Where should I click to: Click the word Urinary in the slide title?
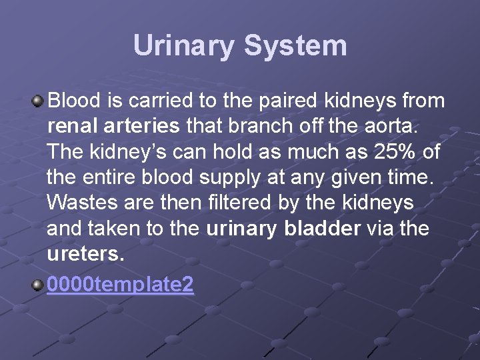point(184,47)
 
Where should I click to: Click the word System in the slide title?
point(295,47)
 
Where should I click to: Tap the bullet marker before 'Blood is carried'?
point(39,101)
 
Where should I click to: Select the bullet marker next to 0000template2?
point(39,285)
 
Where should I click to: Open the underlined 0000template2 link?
point(121,285)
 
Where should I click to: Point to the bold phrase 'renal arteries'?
point(114,126)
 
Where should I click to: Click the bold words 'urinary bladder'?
point(284,229)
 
